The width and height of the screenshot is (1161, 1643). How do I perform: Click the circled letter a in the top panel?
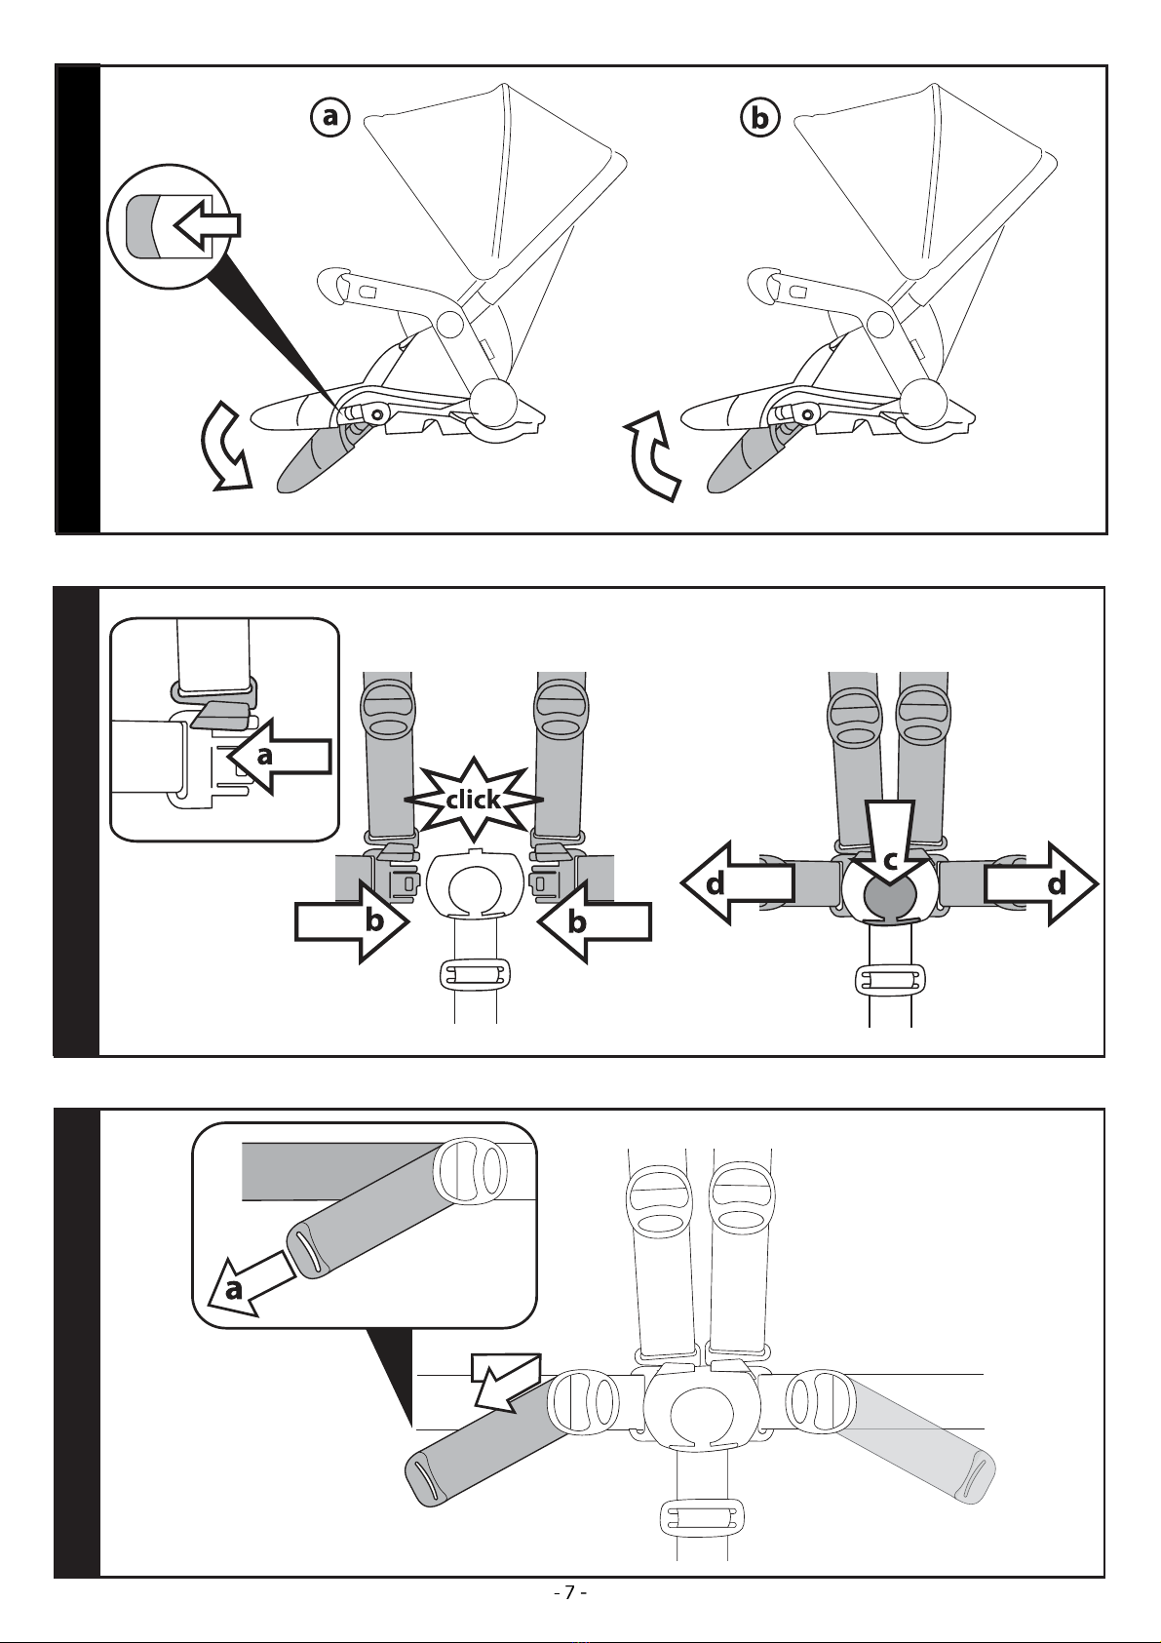click(x=330, y=117)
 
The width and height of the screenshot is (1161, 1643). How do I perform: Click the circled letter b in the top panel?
click(x=759, y=118)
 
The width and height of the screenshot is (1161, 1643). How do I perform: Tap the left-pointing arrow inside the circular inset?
click(x=206, y=225)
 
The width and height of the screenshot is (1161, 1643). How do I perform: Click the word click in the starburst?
click(x=473, y=801)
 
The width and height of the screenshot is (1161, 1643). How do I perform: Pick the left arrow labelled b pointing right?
click(x=352, y=920)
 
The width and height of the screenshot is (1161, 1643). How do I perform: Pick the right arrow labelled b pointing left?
click(x=594, y=920)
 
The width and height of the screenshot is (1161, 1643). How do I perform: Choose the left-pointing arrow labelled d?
click(x=737, y=883)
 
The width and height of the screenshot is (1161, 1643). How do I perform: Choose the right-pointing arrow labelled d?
click(x=1041, y=883)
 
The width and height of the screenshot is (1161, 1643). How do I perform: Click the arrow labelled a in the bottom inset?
click(x=248, y=1281)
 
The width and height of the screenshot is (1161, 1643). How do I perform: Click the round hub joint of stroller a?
click(x=493, y=402)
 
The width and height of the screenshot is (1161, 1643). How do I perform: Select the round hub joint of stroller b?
click(x=921, y=402)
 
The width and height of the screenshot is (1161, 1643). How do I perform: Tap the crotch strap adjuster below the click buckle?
click(x=475, y=974)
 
